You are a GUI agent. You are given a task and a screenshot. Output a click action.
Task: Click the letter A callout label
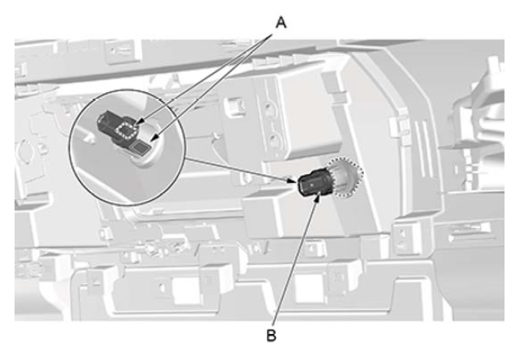pyautogui.click(x=281, y=22)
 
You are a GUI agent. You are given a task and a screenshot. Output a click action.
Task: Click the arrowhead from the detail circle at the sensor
pyautogui.click(x=294, y=180)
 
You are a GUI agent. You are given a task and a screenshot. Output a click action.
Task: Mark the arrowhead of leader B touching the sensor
pyautogui.click(x=318, y=197)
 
